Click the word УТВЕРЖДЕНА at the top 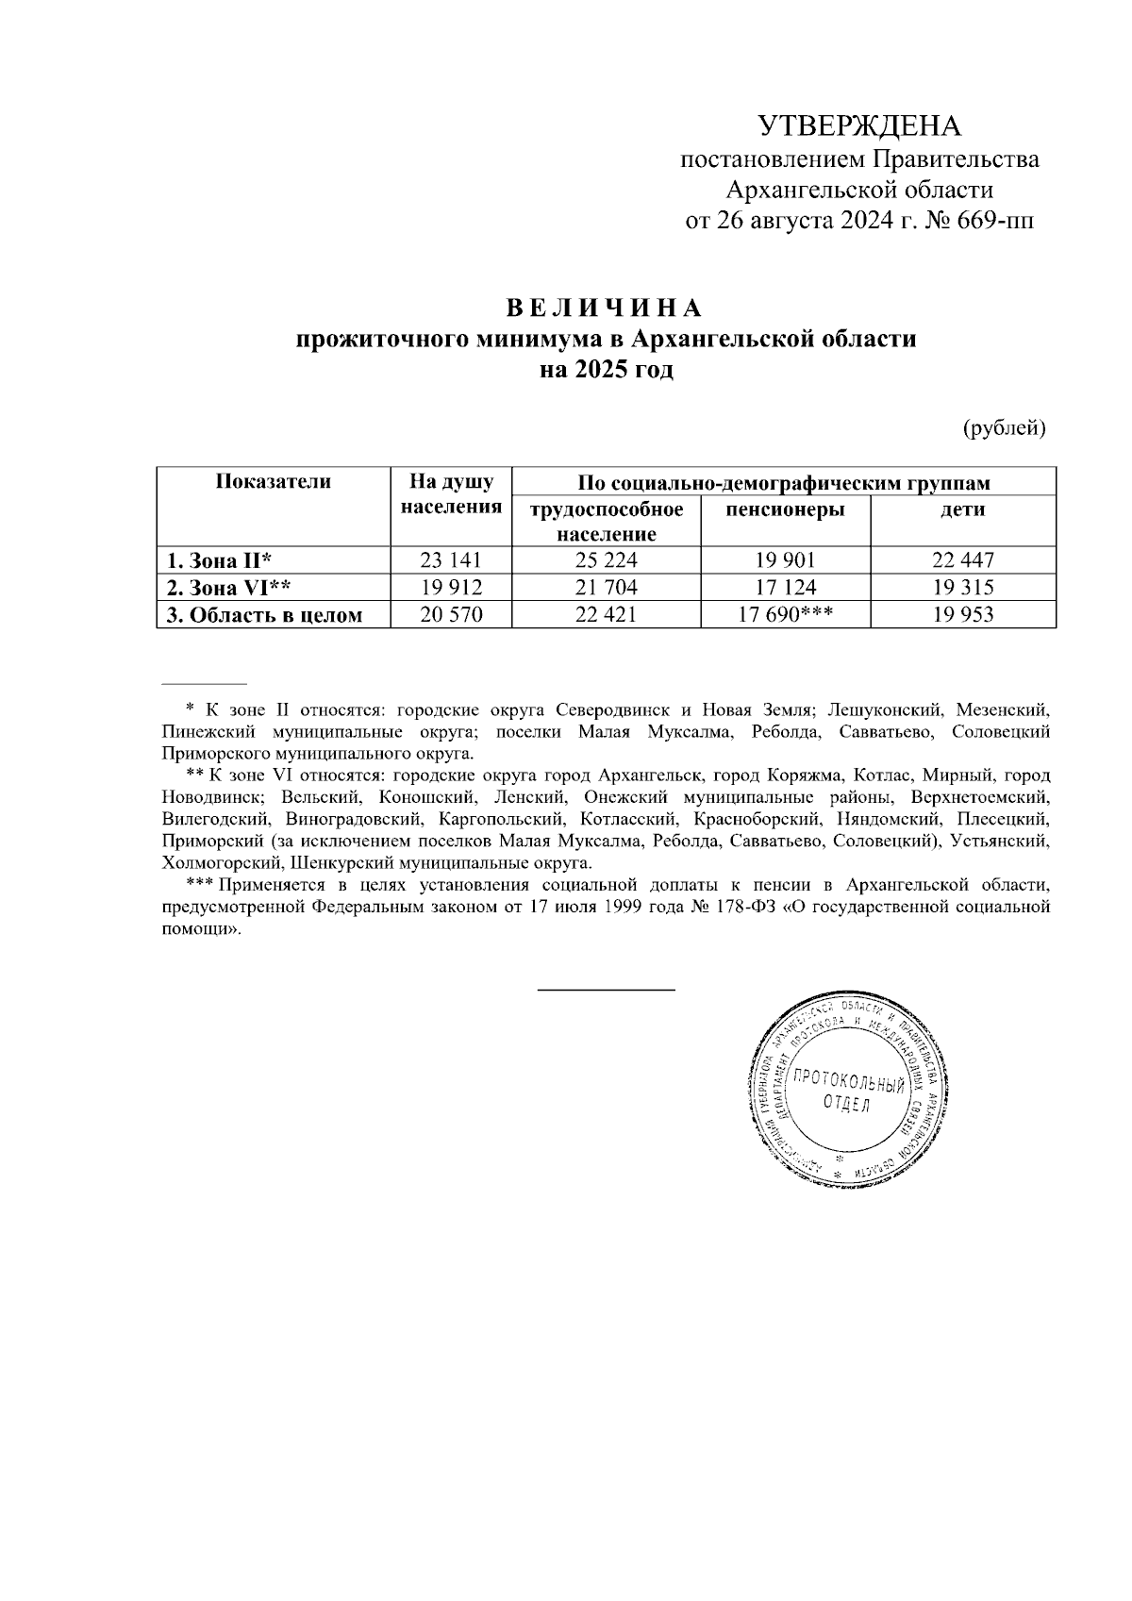pos(859,126)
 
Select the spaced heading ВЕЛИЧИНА pos(606,309)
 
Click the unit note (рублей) pos(1005,428)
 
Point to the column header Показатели pos(274,482)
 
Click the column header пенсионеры pos(785,510)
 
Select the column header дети pos(962,510)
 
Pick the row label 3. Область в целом pos(265,616)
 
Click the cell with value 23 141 pos(451,560)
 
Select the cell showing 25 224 pos(607,560)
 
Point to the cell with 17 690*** pos(785,616)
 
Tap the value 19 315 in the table pos(963,588)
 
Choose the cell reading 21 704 pos(607,588)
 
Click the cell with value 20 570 pos(451,616)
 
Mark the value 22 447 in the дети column pos(963,560)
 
